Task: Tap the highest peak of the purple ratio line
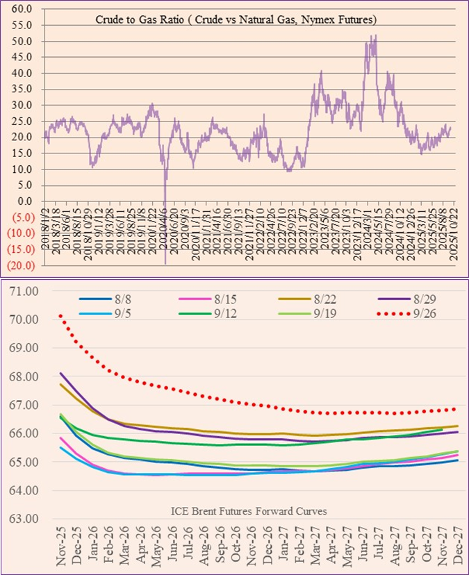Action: pyautogui.click(x=376, y=35)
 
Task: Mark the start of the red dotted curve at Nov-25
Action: pyautogui.click(x=60, y=315)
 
